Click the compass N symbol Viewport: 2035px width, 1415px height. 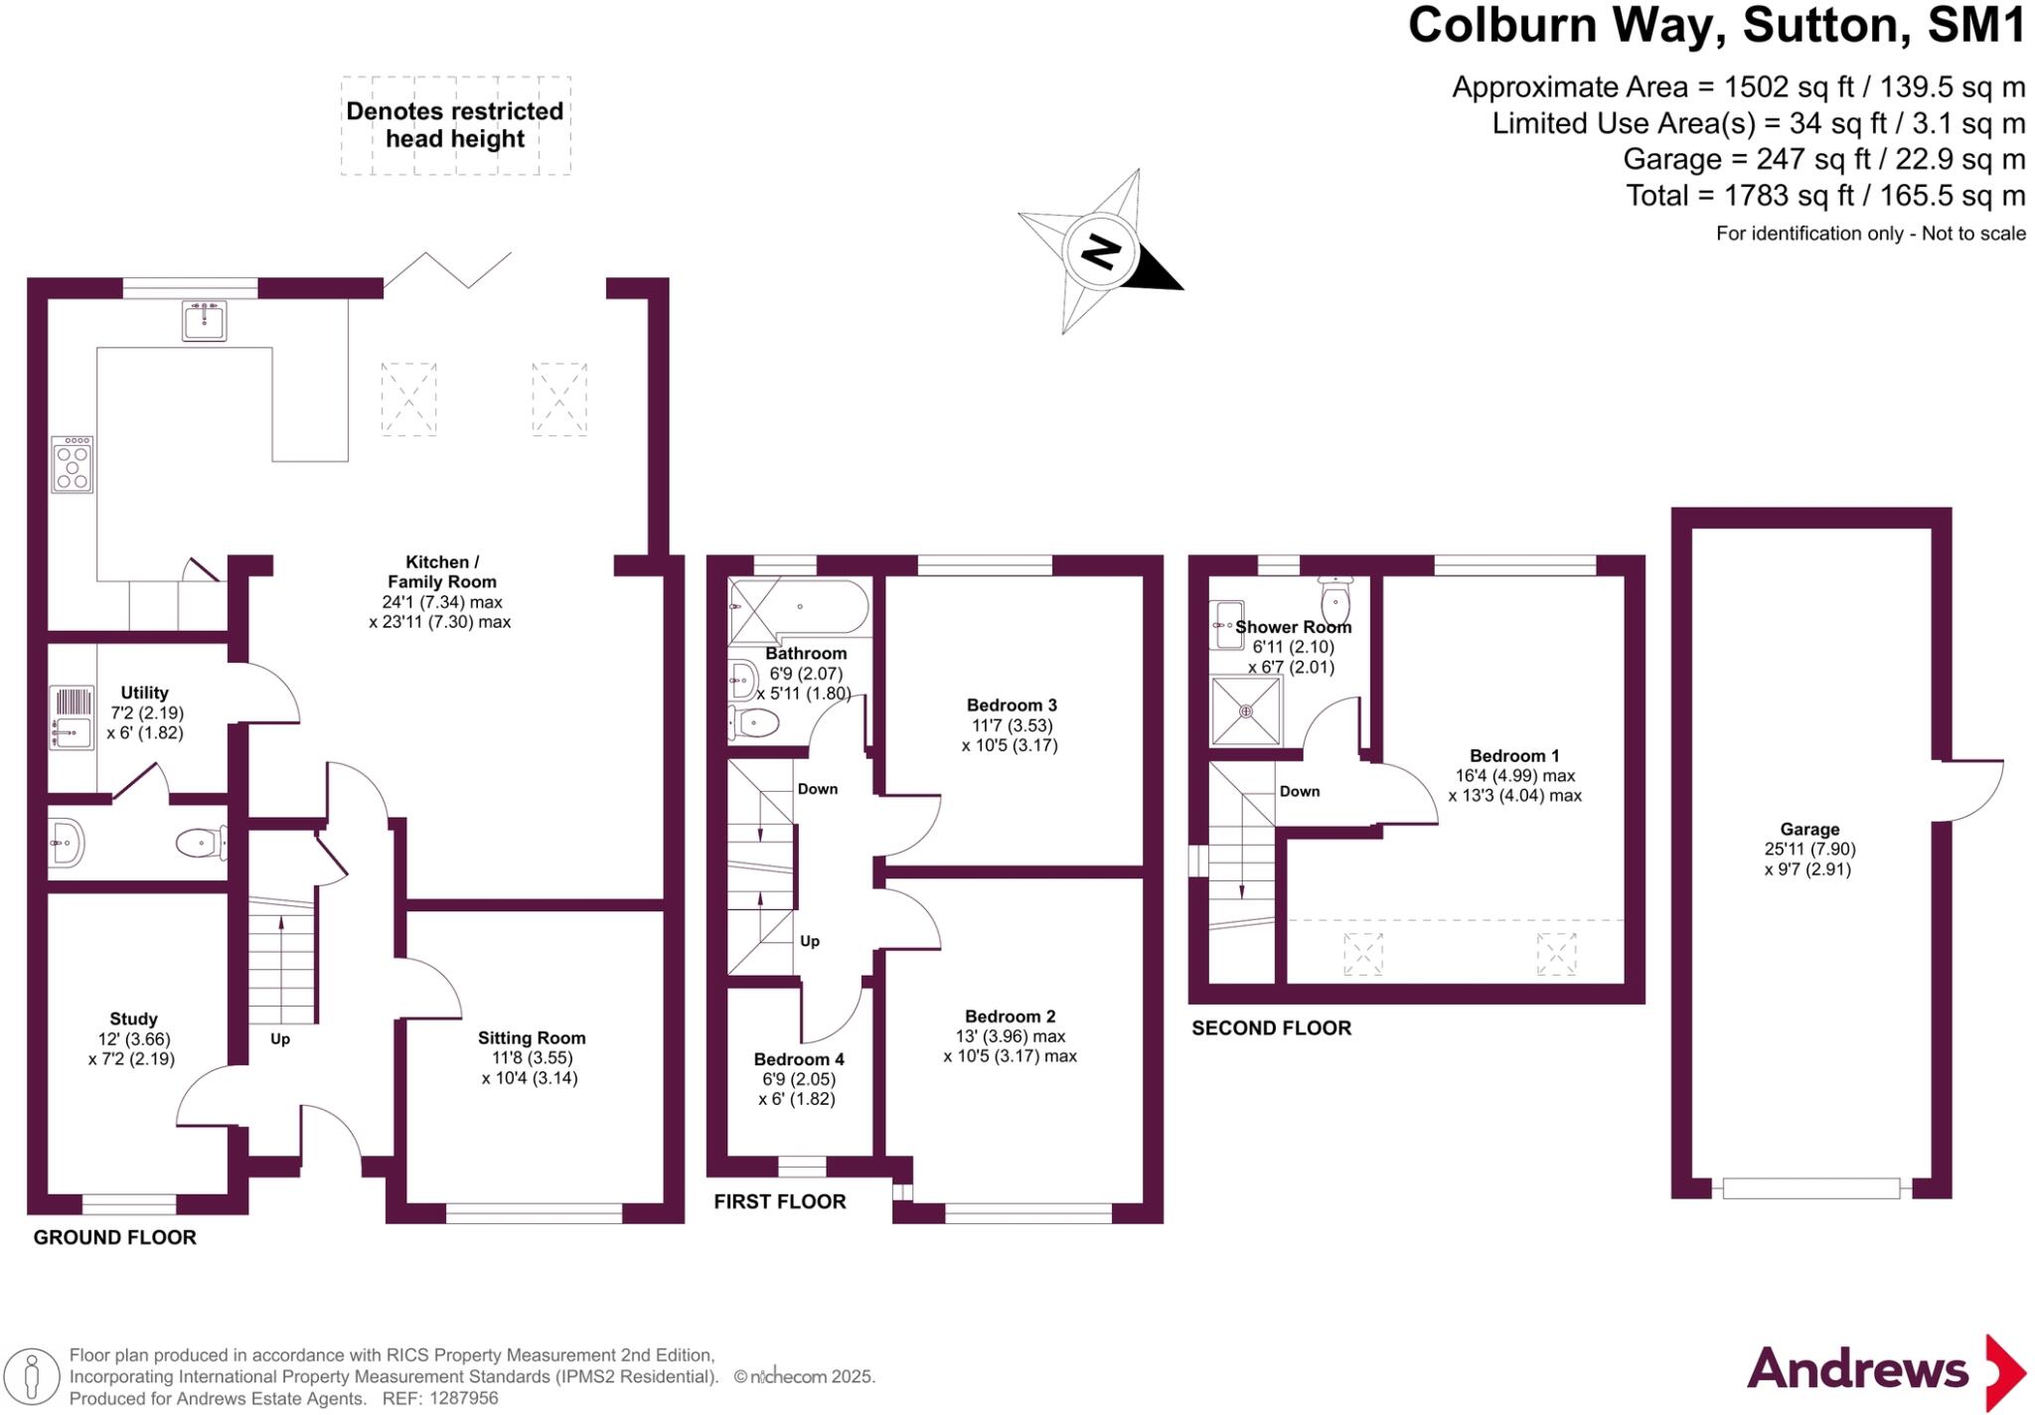click(x=1100, y=251)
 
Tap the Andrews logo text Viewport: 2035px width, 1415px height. click(x=1857, y=1369)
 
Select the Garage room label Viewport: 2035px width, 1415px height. click(x=1809, y=829)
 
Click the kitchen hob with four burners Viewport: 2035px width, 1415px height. click(x=73, y=464)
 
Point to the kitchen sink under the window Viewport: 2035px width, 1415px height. click(x=204, y=320)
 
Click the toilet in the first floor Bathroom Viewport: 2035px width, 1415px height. click(x=754, y=722)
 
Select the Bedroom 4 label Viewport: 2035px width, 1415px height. click(x=799, y=1059)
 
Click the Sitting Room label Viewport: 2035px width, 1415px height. click(x=532, y=1037)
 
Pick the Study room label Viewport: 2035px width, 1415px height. click(x=133, y=1019)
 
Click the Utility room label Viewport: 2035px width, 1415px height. click(x=144, y=693)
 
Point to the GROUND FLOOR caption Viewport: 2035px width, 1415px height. click(x=115, y=1237)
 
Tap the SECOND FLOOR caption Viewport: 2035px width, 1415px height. click(x=1272, y=1028)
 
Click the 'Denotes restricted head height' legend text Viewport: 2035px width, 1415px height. click(x=455, y=125)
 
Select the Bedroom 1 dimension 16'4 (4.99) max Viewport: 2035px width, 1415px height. click(x=1514, y=776)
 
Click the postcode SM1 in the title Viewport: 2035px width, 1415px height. click(x=1975, y=26)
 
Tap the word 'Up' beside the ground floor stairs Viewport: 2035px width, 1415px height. click(x=280, y=1039)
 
